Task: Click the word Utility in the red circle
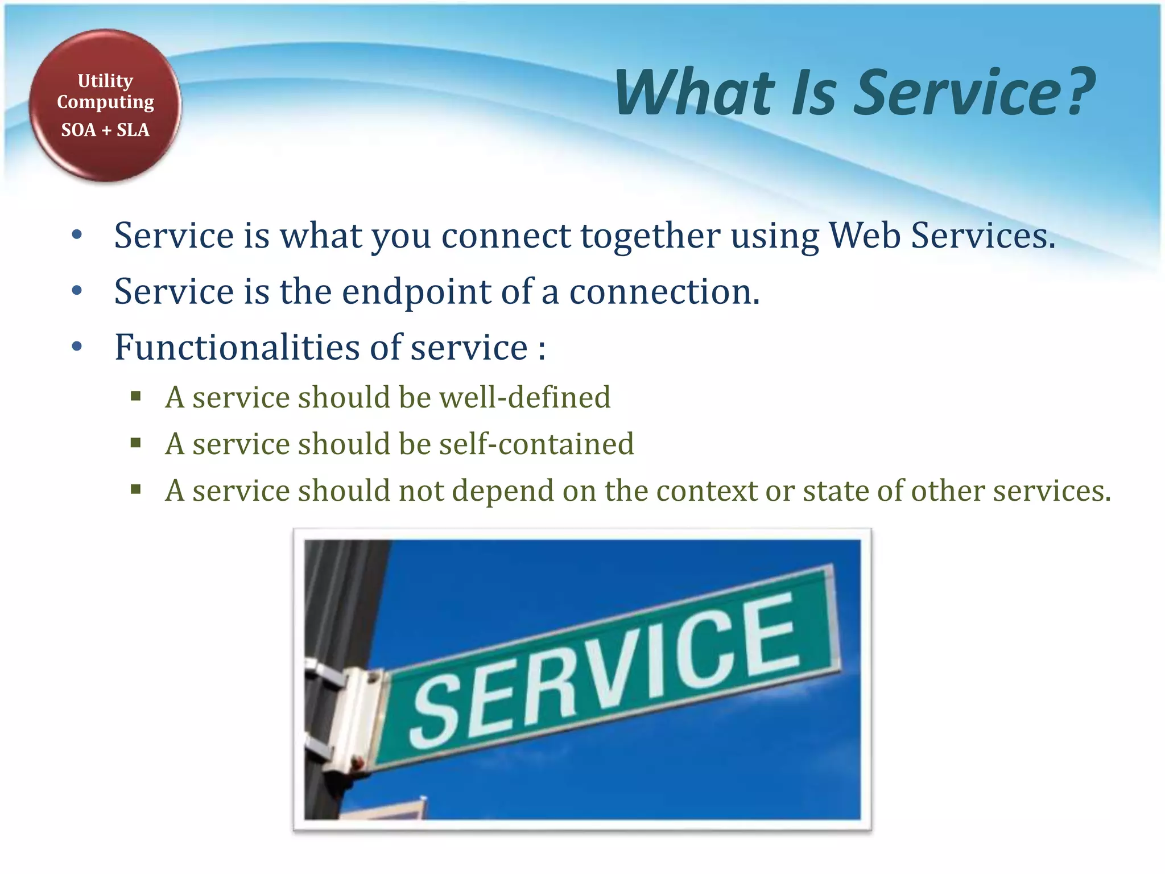point(105,81)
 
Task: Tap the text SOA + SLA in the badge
point(105,130)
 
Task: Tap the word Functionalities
point(237,347)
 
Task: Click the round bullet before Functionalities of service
point(77,347)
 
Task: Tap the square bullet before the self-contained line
point(135,443)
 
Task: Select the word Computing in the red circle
point(105,102)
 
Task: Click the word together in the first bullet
point(650,235)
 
